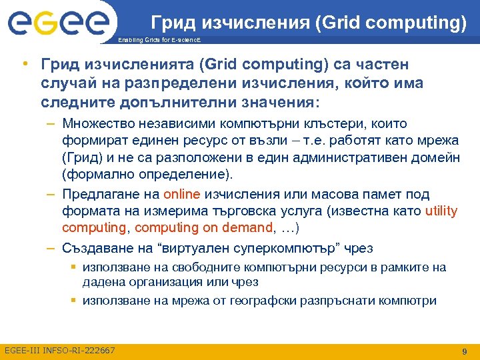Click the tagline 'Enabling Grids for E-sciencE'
(x=154, y=40)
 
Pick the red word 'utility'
(x=441, y=211)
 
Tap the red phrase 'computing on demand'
(x=204, y=228)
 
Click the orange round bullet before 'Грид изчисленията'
(x=24, y=64)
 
